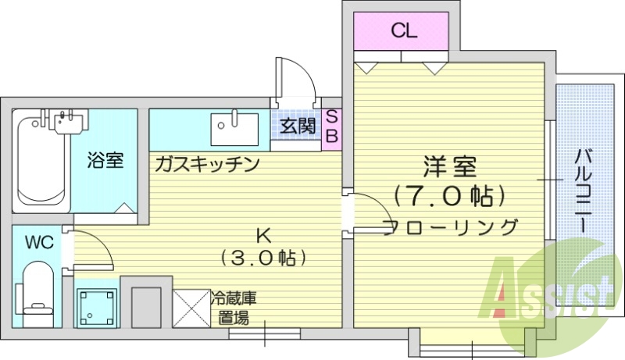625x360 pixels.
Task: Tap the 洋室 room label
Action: tap(451, 166)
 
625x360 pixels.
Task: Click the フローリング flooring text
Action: tap(451, 227)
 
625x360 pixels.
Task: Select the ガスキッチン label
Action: tap(206, 163)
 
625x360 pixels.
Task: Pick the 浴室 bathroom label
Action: tap(105, 162)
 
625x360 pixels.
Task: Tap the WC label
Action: tap(37, 242)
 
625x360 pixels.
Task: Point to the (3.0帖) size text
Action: tap(262, 257)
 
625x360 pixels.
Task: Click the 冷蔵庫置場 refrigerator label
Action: tap(234, 308)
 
